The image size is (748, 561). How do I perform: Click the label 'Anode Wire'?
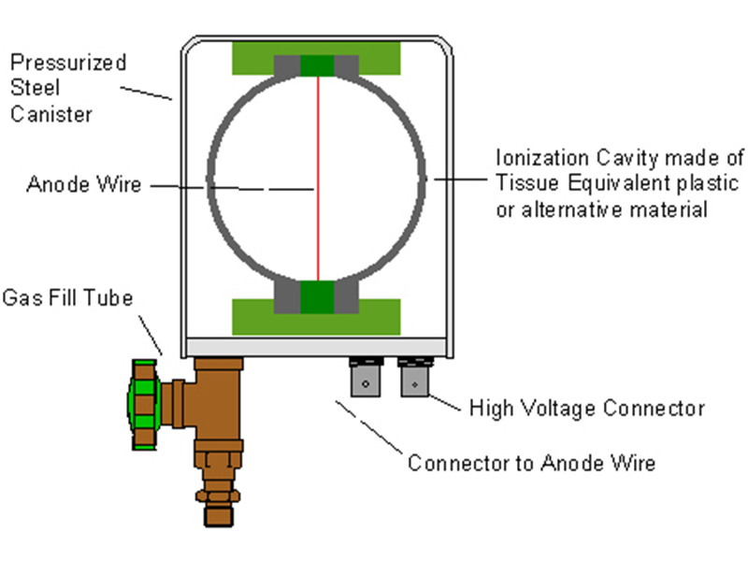(83, 184)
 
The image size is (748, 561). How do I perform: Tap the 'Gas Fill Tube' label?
(67, 298)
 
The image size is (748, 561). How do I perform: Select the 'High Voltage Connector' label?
(586, 409)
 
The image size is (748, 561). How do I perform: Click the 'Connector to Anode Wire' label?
(531, 463)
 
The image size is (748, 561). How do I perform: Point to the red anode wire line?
(318, 178)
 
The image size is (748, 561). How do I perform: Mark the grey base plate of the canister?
(318, 347)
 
